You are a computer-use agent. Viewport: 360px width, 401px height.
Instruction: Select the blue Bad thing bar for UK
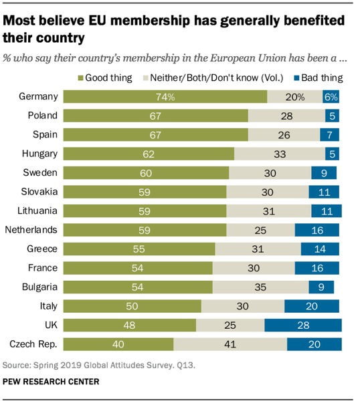(x=302, y=325)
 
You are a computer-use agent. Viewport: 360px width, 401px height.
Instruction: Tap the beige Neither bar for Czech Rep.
(x=230, y=344)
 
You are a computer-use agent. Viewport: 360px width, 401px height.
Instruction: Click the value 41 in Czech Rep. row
(x=230, y=344)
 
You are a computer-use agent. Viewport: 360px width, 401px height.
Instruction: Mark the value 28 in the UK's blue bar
(x=302, y=325)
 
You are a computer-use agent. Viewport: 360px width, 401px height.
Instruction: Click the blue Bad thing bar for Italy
(x=312, y=306)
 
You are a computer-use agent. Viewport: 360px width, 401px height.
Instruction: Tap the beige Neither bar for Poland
(x=286, y=115)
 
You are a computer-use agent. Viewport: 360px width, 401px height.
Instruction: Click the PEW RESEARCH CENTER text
(x=51, y=382)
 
